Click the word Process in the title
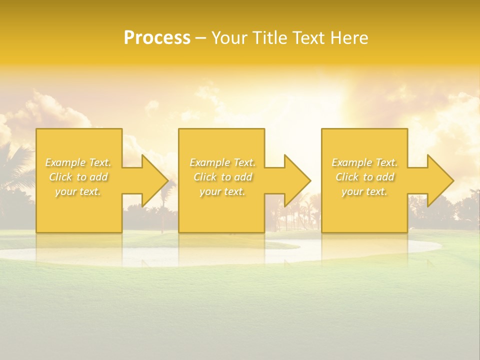tap(157, 38)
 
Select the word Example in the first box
tap(65, 162)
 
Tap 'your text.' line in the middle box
tap(222, 191)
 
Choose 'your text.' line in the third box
tap(364, 191)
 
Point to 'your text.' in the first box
tap(78, 191)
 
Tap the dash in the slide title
tap(200, 38)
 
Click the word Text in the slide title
tap(306, 38)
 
